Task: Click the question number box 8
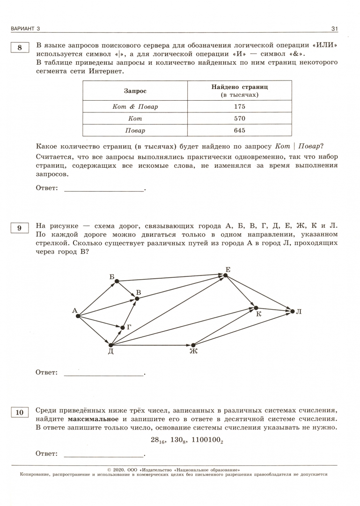19,48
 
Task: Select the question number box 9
19,228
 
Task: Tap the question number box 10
19,412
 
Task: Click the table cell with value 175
239,106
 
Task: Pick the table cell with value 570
239,119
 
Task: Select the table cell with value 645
239,130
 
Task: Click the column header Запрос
135,90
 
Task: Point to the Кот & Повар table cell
135,106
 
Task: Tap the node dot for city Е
226,275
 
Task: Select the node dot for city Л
292,311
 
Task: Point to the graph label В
139,292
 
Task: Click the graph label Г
129,327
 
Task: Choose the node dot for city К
255,308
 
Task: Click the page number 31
334,29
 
